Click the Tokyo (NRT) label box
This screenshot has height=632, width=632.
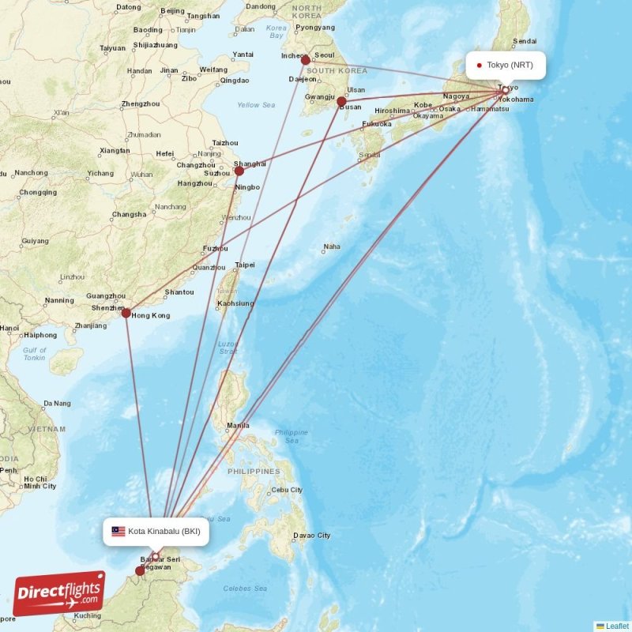[506, 65]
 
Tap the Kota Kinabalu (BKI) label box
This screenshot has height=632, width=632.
[156, 532]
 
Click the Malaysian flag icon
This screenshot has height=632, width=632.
[118, 532]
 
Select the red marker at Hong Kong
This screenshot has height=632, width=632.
[126, 313]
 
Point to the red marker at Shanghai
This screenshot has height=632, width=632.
[239, 171]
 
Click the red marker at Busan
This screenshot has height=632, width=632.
[341, 102]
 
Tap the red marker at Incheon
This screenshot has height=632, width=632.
[306, 60]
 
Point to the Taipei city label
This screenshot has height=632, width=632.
[245, 265]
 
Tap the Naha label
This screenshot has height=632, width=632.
[332, 246]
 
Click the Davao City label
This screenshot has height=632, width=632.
[311, 535]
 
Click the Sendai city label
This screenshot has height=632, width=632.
[525, 41]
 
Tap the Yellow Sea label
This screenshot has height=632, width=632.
[256, 105]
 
